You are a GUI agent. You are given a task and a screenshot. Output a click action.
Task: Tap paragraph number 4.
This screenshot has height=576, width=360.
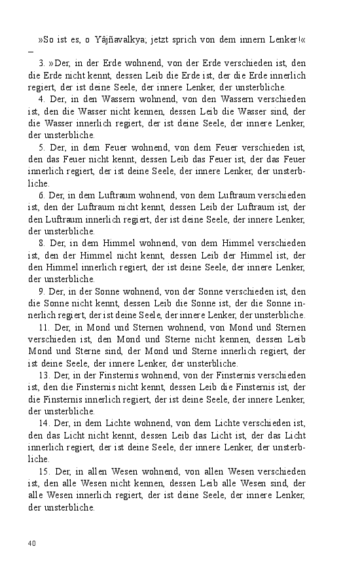pos(41,99)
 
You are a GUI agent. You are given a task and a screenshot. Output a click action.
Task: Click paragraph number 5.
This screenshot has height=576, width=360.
pos(41,148)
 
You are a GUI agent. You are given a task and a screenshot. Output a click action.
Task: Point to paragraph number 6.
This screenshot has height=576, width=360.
pos(41,196)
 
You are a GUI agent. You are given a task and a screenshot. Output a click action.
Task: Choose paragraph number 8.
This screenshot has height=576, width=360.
pos(41,243)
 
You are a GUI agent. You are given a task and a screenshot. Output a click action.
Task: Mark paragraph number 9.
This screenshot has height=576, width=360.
pos(41,292)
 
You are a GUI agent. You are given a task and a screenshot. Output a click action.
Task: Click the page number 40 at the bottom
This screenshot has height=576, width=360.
pos(31,543)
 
